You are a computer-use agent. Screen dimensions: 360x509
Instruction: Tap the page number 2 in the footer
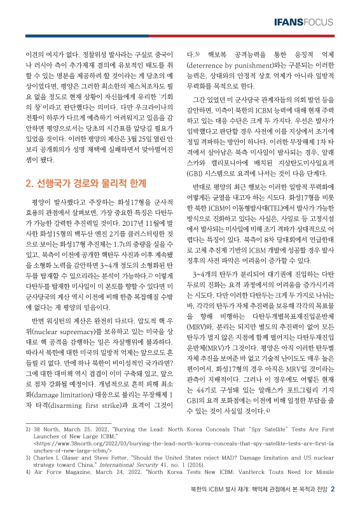click(341, 489)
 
